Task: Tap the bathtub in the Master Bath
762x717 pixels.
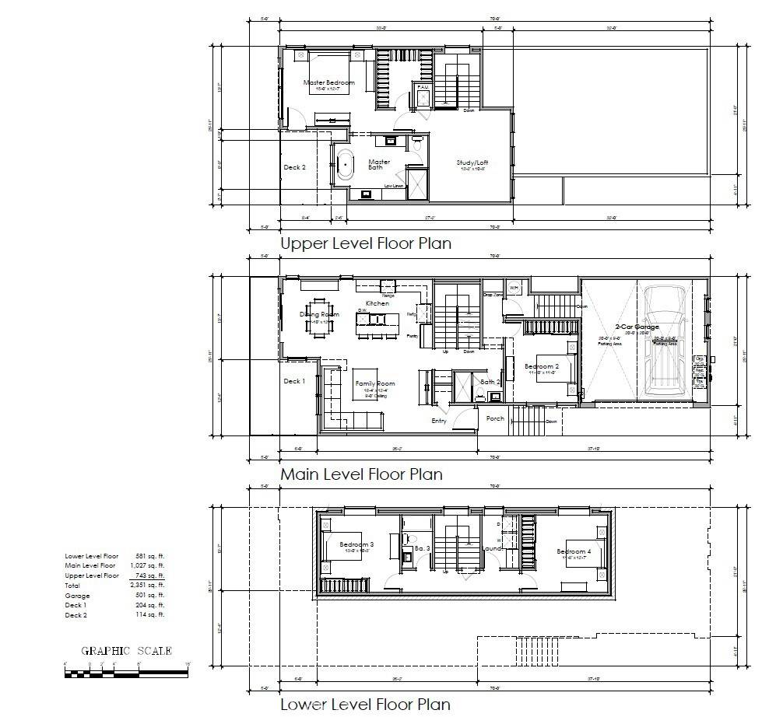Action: [x=345, y=165]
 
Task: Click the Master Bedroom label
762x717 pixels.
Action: [x=328, y=82]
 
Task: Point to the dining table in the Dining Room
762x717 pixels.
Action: [x=319, y=317]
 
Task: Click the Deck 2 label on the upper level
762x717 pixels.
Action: [x=294, y=167]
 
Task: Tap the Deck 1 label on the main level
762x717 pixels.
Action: [x=294, y=381]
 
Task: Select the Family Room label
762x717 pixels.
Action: [x=375, y=384]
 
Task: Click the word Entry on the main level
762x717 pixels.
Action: [x=440, y=421]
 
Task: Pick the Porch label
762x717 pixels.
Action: [x=495, y=418]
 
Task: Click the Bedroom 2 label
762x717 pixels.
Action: [x=541, y=366]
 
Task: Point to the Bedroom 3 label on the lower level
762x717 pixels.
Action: [x=356, y=544]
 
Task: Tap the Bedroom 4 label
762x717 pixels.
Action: [x=574, y=552]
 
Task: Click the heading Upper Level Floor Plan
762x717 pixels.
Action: [x=365, y=243]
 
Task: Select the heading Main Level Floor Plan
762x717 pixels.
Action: [x=361, y=474]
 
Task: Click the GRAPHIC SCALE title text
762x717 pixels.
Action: [x=127, y=651]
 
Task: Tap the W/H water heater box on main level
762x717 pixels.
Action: [x=514, y=289]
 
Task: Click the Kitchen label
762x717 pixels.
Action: [x=377, y=303]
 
